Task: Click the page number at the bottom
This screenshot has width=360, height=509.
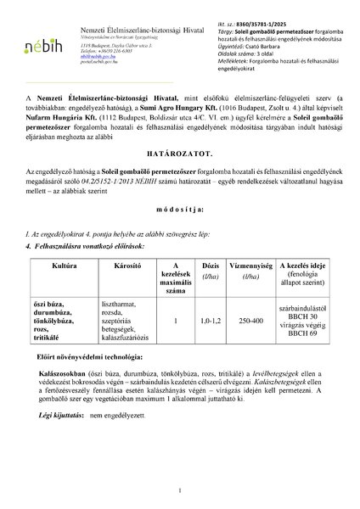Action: pos(180,490)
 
